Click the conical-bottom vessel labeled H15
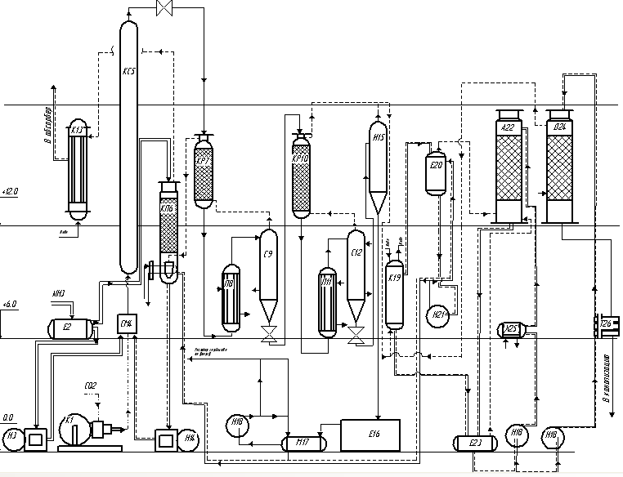(378, 163)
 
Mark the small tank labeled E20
(436, 171)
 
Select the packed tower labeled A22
(509, 167)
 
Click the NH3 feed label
(59, 294)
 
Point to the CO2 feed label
(91, 386)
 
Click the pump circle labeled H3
(12, 438)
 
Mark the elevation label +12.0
(11, 191)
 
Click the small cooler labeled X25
(510, 329)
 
